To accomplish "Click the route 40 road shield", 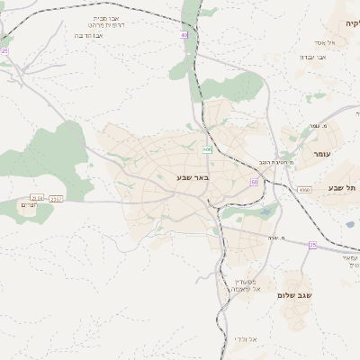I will (184, 35).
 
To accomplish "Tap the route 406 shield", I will (207, 149).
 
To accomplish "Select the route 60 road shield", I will (255, 183).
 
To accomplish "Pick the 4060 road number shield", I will (304, 190).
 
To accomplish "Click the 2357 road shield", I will (57, 198).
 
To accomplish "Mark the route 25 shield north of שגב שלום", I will (312, 245).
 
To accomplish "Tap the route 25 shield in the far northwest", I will (4, 52).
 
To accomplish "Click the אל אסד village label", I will (325, 42).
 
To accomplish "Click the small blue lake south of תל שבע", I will (350, 224).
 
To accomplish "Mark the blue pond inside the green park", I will (265, 212).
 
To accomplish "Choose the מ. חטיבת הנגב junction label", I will (264, 162).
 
